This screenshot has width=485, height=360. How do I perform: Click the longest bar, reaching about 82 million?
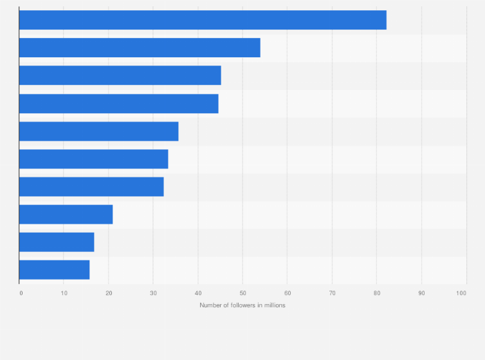click(203, 20)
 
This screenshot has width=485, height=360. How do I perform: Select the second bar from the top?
click(140, 48)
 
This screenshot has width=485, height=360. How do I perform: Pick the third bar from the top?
click(120, 75)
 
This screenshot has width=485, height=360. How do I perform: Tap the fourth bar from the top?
click(119, 104)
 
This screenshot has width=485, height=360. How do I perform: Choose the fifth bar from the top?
click(99, 131)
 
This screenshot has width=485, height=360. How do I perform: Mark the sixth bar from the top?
click(94, 159)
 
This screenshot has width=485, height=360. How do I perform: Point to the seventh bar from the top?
click(91, 186)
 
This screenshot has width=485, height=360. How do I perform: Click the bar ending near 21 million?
click(66, 214)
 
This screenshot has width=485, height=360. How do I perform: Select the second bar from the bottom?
click(57, 242)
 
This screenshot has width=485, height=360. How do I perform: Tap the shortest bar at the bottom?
click(55, 269)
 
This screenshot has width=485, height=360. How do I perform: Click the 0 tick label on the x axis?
click(21, 293)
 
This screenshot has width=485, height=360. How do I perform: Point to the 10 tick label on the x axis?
click(64, 293)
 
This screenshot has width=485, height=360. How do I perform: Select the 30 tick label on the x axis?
click(153, 293)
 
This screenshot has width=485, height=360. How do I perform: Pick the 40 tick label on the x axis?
click(198, 293)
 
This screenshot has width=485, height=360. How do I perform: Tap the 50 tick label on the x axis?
click(243, 293)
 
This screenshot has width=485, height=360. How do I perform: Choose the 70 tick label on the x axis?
click(332, 293)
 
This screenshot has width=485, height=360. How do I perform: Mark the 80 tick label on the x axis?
click(377, 293)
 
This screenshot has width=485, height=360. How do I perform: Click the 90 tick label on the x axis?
click(421, 293)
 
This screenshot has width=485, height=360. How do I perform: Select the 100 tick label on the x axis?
click(461, 293)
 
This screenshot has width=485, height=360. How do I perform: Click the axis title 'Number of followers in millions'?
click(243, 305)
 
